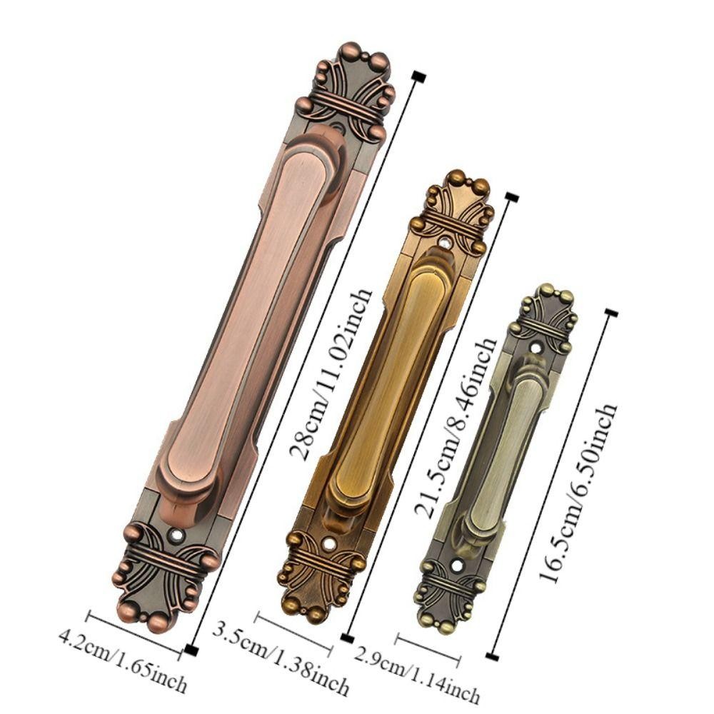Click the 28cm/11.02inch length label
(331, 374)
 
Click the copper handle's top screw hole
(337, 124)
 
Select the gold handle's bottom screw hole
(328, 544)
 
